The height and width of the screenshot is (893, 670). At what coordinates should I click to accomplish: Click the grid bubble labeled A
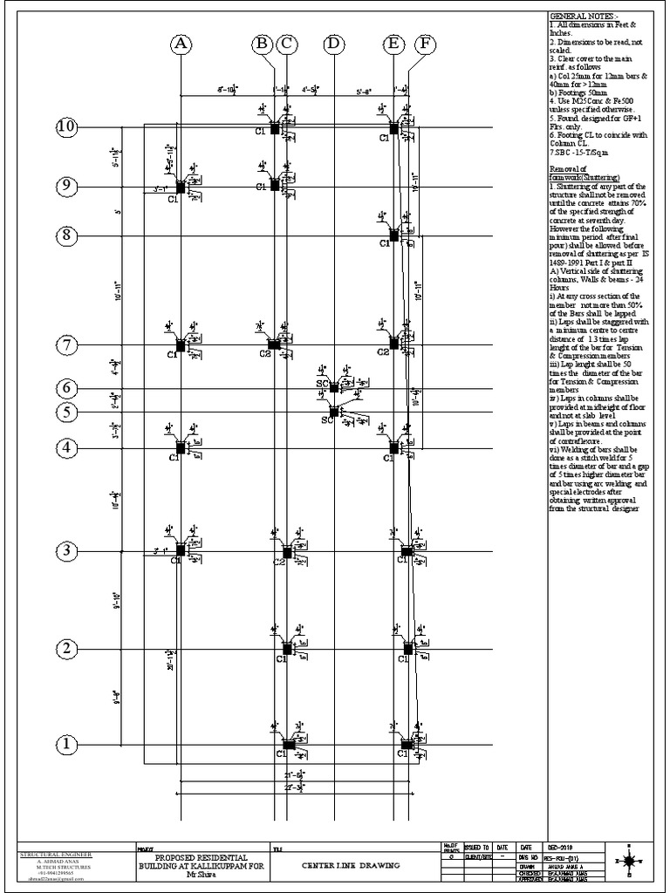[181, 44]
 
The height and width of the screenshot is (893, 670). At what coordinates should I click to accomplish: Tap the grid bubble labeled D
[334, 44]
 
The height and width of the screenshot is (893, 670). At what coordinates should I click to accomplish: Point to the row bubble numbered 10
[67, 127]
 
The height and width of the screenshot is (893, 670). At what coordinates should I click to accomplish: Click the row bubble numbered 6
[67, 387]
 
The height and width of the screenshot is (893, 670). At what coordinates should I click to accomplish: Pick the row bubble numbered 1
[67, 745]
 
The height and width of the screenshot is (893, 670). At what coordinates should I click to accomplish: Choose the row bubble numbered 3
[67, 550]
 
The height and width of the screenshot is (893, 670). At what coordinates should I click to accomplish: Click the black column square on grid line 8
[393, 235]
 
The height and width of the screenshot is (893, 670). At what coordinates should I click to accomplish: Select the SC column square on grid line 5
[333, 411]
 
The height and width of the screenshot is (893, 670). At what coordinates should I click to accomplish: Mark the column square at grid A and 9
[181, 187]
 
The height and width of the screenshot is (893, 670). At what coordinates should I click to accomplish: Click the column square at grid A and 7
[181, 344]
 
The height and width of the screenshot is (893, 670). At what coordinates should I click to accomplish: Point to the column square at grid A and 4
[181, 447]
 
